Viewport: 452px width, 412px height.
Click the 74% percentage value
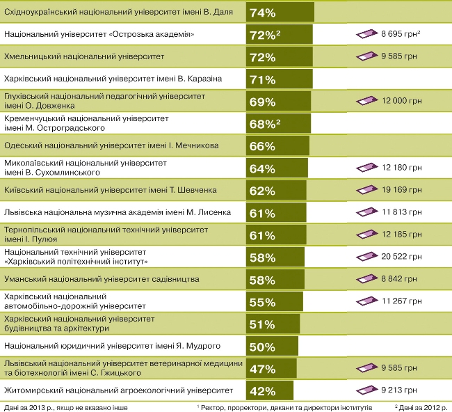click(263, 13)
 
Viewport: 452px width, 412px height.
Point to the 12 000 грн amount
click(402, 102)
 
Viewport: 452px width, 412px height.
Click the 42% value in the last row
click(262, 390)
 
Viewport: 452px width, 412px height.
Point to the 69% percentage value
click(262, 102)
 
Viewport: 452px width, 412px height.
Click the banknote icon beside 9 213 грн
click(365, 390)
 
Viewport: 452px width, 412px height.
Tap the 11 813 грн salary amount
click(402, 212)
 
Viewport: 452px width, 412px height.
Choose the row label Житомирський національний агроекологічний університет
click(115, 390)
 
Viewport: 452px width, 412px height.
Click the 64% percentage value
click(262, 168)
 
